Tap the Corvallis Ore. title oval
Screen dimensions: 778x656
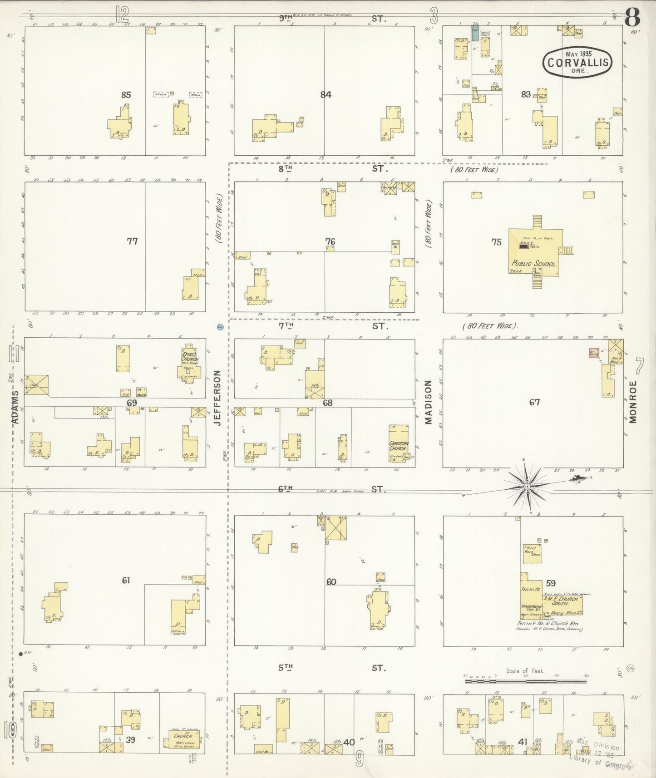(x=577, y=62)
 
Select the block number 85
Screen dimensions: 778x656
(x=126, y=95)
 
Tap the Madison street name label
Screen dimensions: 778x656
(x=428, y=402)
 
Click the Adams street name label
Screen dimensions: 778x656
(x=15, y=407)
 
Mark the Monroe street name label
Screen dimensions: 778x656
(x=633, y=402)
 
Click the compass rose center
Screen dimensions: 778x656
(x=527, y=487)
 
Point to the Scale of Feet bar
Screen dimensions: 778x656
(x=525, y=681)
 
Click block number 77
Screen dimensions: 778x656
(x=132, y=241)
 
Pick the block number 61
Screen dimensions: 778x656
(x=126, y=580)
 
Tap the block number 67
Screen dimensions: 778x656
(x=534, y=402)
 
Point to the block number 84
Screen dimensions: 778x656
(x=326, y=95)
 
